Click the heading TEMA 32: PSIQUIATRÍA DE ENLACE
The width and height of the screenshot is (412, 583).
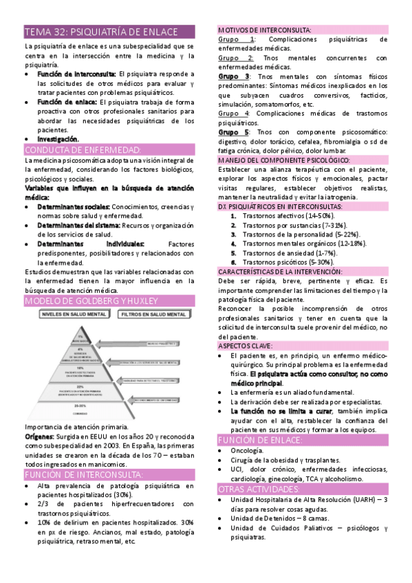[x=100, y=32]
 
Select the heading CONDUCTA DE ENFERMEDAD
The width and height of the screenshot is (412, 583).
[x=83, y=150]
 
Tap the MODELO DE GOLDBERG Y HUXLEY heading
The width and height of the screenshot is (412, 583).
[x=91, y=301]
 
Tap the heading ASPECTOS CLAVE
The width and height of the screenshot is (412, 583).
[x=245, y=346]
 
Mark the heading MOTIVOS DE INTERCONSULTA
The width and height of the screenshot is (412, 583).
[x=264, y=31]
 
